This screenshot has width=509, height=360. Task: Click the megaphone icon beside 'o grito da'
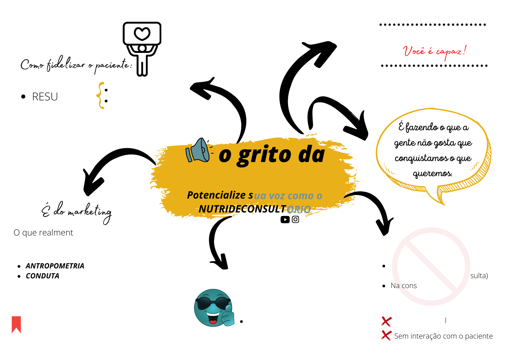[x=198, y=150]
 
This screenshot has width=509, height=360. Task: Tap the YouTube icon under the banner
[x=285, y=219]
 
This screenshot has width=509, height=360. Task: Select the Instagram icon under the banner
[x=296, y=219]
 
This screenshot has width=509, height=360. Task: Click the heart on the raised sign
[x=142, y=34]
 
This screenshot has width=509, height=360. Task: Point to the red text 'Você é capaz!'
[x=434, y=51]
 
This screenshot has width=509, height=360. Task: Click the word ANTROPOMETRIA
[x=55, y=266]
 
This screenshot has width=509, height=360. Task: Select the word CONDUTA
[x=42, y=276]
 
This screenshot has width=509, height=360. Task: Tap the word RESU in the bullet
[x=45, y=97]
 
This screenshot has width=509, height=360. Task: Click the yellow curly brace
[x=100, y=95]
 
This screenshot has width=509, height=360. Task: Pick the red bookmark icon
[x=16, y=324]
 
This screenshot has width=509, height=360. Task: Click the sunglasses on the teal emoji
[x=213, y=303]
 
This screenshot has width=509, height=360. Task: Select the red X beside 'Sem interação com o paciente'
[x=386, y=335]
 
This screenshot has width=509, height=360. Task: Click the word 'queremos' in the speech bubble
[x=432, y=174]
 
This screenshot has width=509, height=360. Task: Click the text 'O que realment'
[x=43, y=232]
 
